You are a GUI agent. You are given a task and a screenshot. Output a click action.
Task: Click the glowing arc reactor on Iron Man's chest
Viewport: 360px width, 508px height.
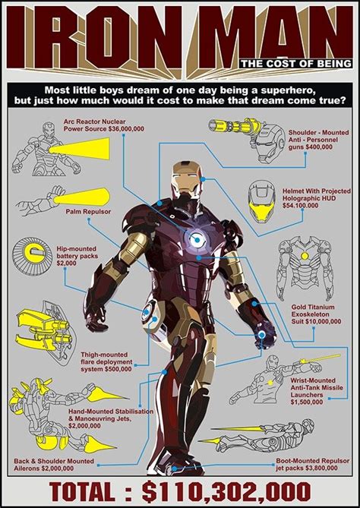[x=196, y=240]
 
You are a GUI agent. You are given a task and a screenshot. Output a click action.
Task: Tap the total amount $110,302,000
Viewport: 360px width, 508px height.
[x=226, y=491]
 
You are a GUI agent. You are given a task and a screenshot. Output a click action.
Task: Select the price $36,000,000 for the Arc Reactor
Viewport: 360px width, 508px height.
[x=126, y=129]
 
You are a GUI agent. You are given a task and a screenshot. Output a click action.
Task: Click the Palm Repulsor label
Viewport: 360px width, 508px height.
[x=88, y=212]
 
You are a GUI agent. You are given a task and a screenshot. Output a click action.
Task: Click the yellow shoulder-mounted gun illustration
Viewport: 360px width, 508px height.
[x=234, y=126]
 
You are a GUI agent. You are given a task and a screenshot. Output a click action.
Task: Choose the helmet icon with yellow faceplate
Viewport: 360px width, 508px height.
[x=261, y=201]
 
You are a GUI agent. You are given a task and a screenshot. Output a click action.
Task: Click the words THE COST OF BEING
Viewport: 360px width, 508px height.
[x=296, y=64]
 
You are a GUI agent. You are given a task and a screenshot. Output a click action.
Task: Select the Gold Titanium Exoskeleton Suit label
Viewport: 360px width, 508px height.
[x=316, y=314]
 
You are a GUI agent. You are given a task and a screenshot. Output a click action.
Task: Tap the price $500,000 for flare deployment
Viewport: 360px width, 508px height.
[x=118, y=369]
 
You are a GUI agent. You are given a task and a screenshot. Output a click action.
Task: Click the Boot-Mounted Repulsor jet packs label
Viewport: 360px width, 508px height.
[x=312, y=464]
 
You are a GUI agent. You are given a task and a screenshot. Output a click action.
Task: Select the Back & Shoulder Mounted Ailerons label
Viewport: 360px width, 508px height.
[x=54, y=465]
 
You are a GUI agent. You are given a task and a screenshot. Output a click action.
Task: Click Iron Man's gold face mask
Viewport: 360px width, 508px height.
[x=185, y=176]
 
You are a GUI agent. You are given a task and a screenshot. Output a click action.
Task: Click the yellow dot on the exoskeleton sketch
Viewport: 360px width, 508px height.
[x=305, y=256]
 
